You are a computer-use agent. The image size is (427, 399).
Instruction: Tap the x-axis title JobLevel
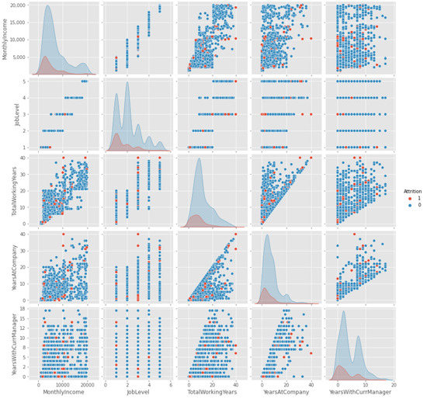click(x=138, y=393)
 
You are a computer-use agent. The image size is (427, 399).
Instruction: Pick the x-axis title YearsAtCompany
click(x=288, y=393)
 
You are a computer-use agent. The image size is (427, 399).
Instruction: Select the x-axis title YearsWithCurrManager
click(x=363, y=393)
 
